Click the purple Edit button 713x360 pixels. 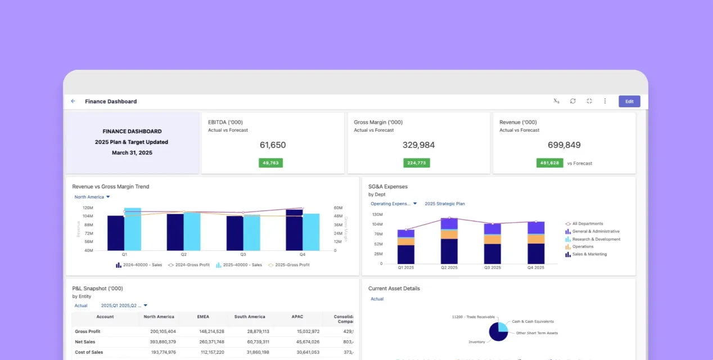tap(629, 101)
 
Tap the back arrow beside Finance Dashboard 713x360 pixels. tap(73, 101)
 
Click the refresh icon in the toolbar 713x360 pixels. tap(572, 101)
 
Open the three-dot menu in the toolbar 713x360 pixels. tap(605, 101)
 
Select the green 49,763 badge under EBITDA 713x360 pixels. tap(270, 163)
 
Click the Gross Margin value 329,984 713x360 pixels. tap(418, 145)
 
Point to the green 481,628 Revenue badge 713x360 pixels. tap(549, 163)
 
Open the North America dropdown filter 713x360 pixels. tap(92, 197)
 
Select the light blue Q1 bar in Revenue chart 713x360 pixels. tap(133, 229)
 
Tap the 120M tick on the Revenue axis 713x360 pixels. tap(88, 208)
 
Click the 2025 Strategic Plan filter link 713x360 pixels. tap(444, 204)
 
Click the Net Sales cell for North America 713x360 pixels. tap(159, 341)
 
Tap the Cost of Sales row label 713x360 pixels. tap(89, 352)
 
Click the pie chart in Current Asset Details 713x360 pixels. tap(498, 331)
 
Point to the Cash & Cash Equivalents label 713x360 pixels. tap(533, 321)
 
